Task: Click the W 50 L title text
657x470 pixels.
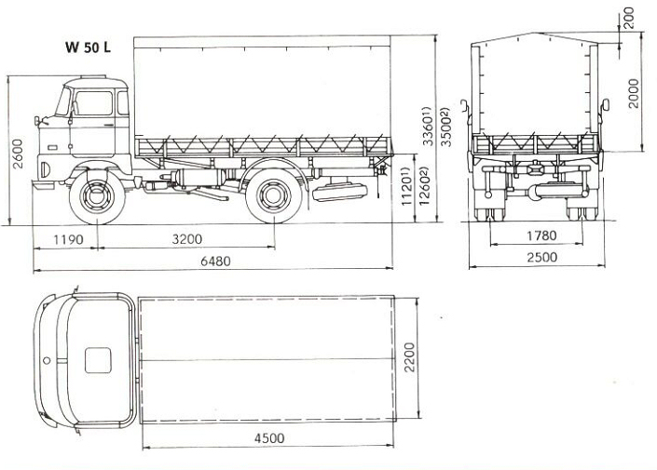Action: click(x=88, y=47)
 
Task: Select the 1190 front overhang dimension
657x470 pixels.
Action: click(x=69, y=240)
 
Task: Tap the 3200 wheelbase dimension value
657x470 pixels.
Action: click(x=187, y=239)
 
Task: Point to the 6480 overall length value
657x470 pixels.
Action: click(x=215, y=262)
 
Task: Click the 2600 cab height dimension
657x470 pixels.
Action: click(x=18, y=154)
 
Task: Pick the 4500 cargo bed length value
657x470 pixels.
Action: click(x=269, y=438)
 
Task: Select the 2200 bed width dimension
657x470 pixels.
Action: click(x=409, y=357)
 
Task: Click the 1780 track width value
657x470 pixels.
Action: click(x=541, y=235)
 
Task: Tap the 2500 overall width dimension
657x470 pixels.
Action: click(x=542, y=257)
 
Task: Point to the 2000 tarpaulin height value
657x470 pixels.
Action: click(x=633, y=93)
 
